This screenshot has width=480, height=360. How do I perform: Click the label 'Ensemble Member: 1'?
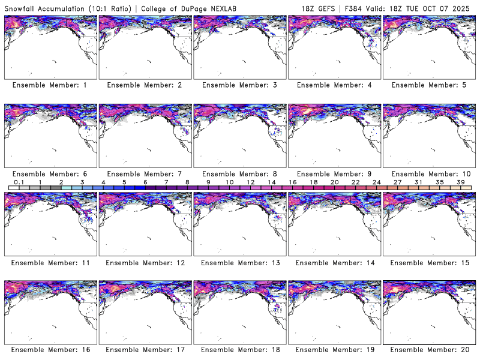coord(50,85)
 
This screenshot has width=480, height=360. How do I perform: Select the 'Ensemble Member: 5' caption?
coord(428,85)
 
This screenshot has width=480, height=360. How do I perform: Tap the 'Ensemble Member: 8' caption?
coord(239,174)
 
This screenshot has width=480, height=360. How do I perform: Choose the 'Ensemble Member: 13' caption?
coord(239,262)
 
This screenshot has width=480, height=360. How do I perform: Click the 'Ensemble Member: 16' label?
coord(50,349)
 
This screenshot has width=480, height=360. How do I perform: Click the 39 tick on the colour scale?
coord(460,182)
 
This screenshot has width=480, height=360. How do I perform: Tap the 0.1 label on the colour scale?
coord(19,182)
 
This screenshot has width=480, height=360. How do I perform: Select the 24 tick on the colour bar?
coord(376,182)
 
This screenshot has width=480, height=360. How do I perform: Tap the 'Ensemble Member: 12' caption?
coord(144,262)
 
